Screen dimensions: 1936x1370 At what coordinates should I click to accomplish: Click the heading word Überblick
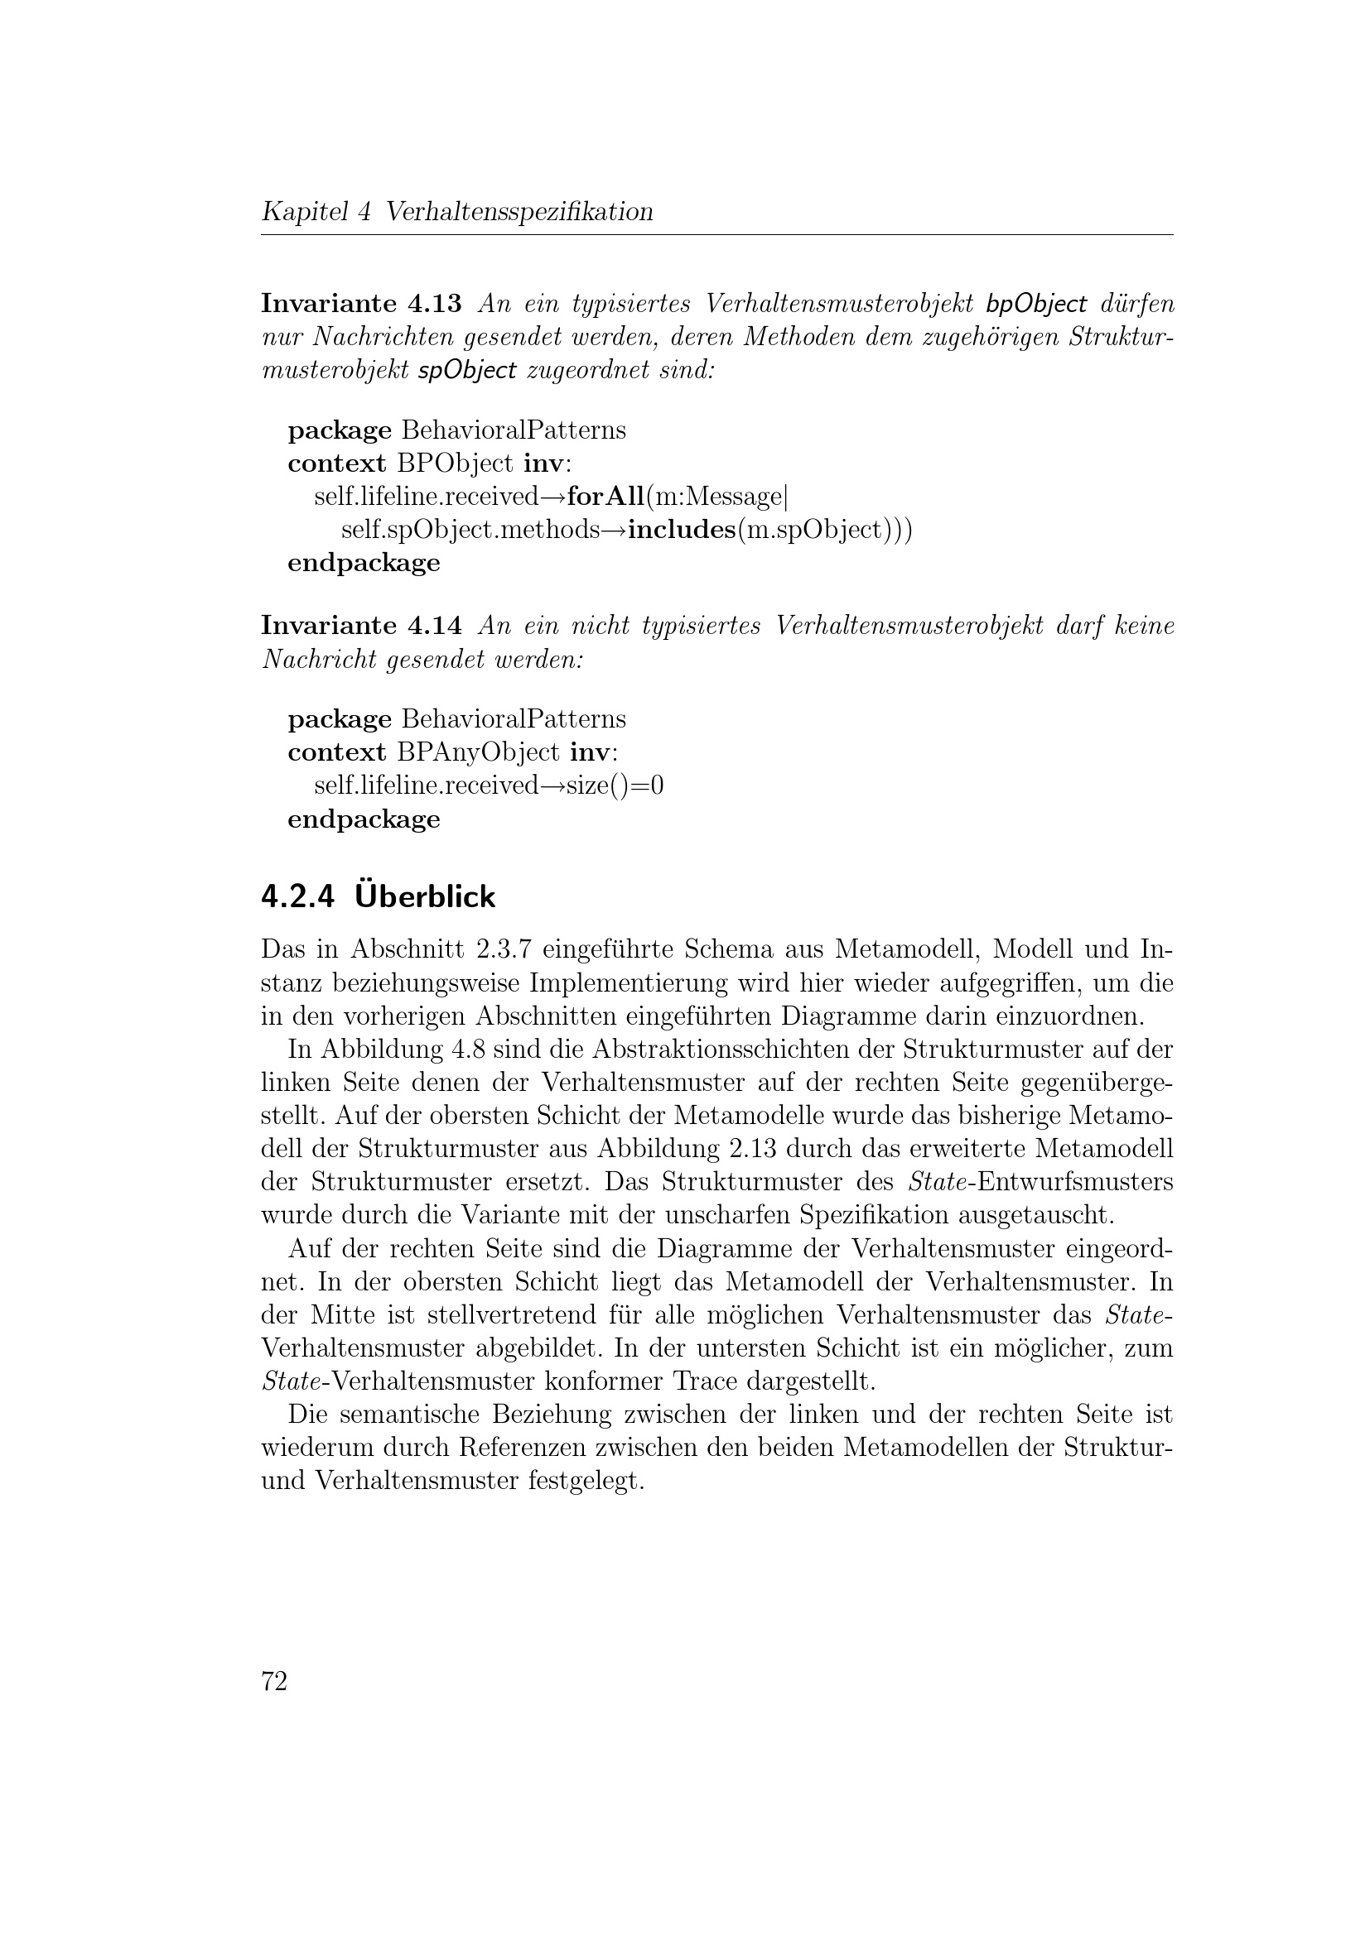pyautogui.click(x=425, y=896)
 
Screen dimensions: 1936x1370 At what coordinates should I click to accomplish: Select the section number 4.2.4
pyautogui.click(x=298, y=897)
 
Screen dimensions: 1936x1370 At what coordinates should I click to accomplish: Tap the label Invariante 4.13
pyautogui.click(x=361, y=303)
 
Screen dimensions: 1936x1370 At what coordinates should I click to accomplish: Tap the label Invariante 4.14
pyautogui.click(x=361, y=626)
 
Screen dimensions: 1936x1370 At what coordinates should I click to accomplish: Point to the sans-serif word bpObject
pyautogui.click(x=1036, y=303)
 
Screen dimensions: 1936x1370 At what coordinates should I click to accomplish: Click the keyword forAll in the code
pyautogui.click(x=605, y=497)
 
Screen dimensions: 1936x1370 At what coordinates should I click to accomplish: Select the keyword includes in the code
pyautogui.click(x=682, y=531)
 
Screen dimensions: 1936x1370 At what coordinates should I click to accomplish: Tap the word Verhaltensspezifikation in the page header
pyautogui.click(x=519, y=211)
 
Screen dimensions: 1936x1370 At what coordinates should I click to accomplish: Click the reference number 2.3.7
pyautogui.click(x=503, y=949)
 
